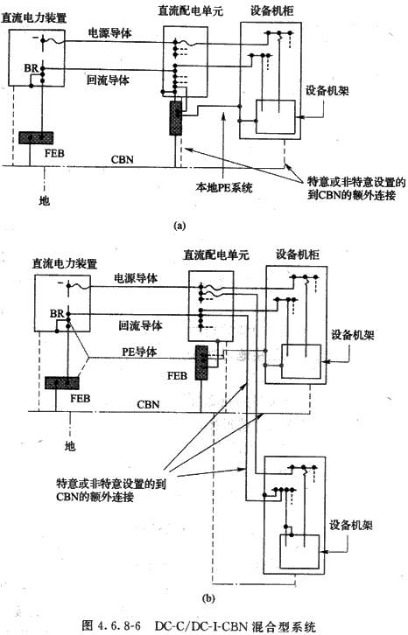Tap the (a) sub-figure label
179,226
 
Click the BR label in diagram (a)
31,67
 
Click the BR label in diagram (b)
57,313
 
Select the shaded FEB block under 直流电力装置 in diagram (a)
36,137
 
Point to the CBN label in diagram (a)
122,159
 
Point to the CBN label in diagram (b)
148,404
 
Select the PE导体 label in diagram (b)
139,351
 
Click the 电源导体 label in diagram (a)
110,33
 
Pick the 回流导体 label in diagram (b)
140,324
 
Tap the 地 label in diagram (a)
44,199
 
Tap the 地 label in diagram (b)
70,446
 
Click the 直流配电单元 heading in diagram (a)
190,10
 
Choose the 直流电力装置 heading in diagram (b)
65,263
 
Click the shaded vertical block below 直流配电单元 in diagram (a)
176,118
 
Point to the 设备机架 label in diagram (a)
327,90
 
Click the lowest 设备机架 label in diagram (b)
351,525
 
